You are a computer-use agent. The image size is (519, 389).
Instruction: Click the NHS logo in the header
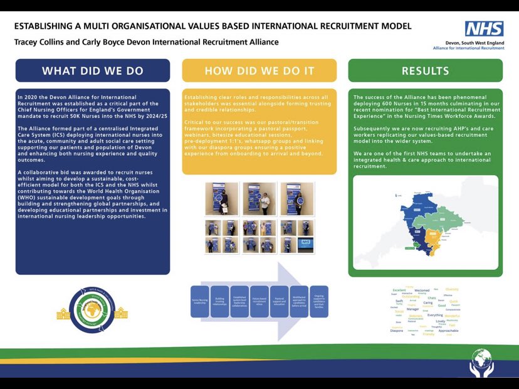[x=483, y=29]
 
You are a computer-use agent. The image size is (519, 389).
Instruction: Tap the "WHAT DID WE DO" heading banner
[x=93, y=71]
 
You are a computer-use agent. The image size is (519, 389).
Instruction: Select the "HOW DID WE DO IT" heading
[x=259, y=71]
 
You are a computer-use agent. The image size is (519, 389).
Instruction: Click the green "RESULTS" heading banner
[x=425, y=71]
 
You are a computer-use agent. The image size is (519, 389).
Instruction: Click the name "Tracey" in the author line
[x=28, y=43]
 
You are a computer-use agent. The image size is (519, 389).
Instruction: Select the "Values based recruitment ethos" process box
[x=259, y=301]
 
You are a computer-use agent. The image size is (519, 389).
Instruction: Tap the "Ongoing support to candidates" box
[x=319, y=301]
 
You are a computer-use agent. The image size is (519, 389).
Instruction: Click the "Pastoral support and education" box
[x=279, y=301]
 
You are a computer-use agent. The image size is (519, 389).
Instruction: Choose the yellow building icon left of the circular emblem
[x=63, y=312]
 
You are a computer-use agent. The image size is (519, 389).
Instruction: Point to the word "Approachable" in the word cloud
[x=448, y=331]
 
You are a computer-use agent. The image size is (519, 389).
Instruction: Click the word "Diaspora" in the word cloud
[x=397, y=331]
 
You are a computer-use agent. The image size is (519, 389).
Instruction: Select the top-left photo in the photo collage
[x=221, y=198]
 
